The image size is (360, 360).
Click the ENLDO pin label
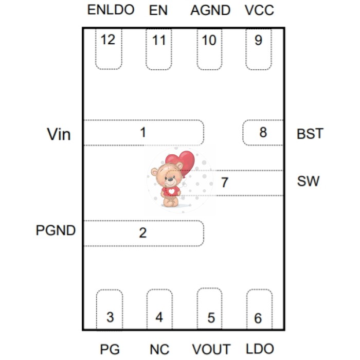pyautogui.click(x=111, y=10)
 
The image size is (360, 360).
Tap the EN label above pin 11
pyautogui.click(x=158, y=10)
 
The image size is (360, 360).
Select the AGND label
pyautogui.click(x=210, y=10)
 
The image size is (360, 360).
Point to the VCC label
pyautogui.click(x=259, y=10)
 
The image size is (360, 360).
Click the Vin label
pyautogui.click(x=59, y=134)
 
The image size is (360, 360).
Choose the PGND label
pyautogui.click(x=56, y=230)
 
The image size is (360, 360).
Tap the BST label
pyautogui.click(x=310, y=134)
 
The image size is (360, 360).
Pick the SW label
pyautogui.click(x=308, y=181)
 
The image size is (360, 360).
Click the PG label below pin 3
pyautogui.click(x=110, y=349)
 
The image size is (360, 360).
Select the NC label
pyautogui.click(x=159, y=349)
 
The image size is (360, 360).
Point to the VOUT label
pyautogui.click(x=211, y=349)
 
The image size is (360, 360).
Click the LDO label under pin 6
pyautogui.click(x=260, y=349)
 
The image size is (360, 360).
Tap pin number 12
pyautogui.click(x=108, y=40)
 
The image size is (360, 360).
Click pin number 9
pyautogui.click(x=258, y=40)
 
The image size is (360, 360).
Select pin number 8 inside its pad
pyautogui.click(x=263, y=132)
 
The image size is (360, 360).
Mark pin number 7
pyautogui.click(x=225, y=183)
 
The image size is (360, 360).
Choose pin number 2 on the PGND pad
pyautogui.click(x=143, y=233)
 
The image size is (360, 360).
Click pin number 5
pyautogui.click(x=211, y=318)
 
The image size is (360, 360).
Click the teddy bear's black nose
pyautogui.click(x=170, y=179)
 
